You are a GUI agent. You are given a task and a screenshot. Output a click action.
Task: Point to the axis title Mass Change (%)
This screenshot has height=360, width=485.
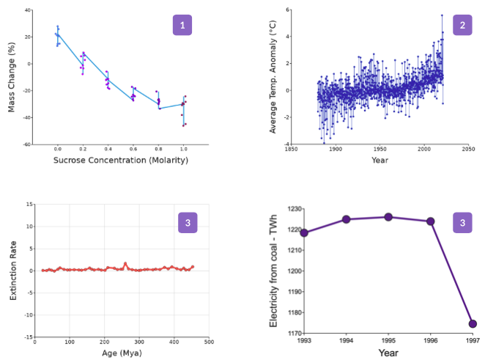12,78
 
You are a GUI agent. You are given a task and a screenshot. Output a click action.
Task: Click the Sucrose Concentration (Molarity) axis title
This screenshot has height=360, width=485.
120,160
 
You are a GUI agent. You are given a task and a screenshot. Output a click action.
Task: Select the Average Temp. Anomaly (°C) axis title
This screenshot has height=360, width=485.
273,78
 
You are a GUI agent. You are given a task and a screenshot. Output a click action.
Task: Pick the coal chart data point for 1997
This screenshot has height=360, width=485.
473,323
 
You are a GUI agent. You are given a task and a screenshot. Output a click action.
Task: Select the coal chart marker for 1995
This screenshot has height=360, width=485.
388,217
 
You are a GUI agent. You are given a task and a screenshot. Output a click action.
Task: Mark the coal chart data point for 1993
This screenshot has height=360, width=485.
304,233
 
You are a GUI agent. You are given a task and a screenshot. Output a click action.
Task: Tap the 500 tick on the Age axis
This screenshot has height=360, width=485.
208,341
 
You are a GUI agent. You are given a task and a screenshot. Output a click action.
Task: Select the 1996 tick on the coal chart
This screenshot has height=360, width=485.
431,340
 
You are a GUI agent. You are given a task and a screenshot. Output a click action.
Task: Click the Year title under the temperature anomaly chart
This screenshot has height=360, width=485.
380,160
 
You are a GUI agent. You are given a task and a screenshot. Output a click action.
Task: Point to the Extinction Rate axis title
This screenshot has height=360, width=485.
12,271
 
